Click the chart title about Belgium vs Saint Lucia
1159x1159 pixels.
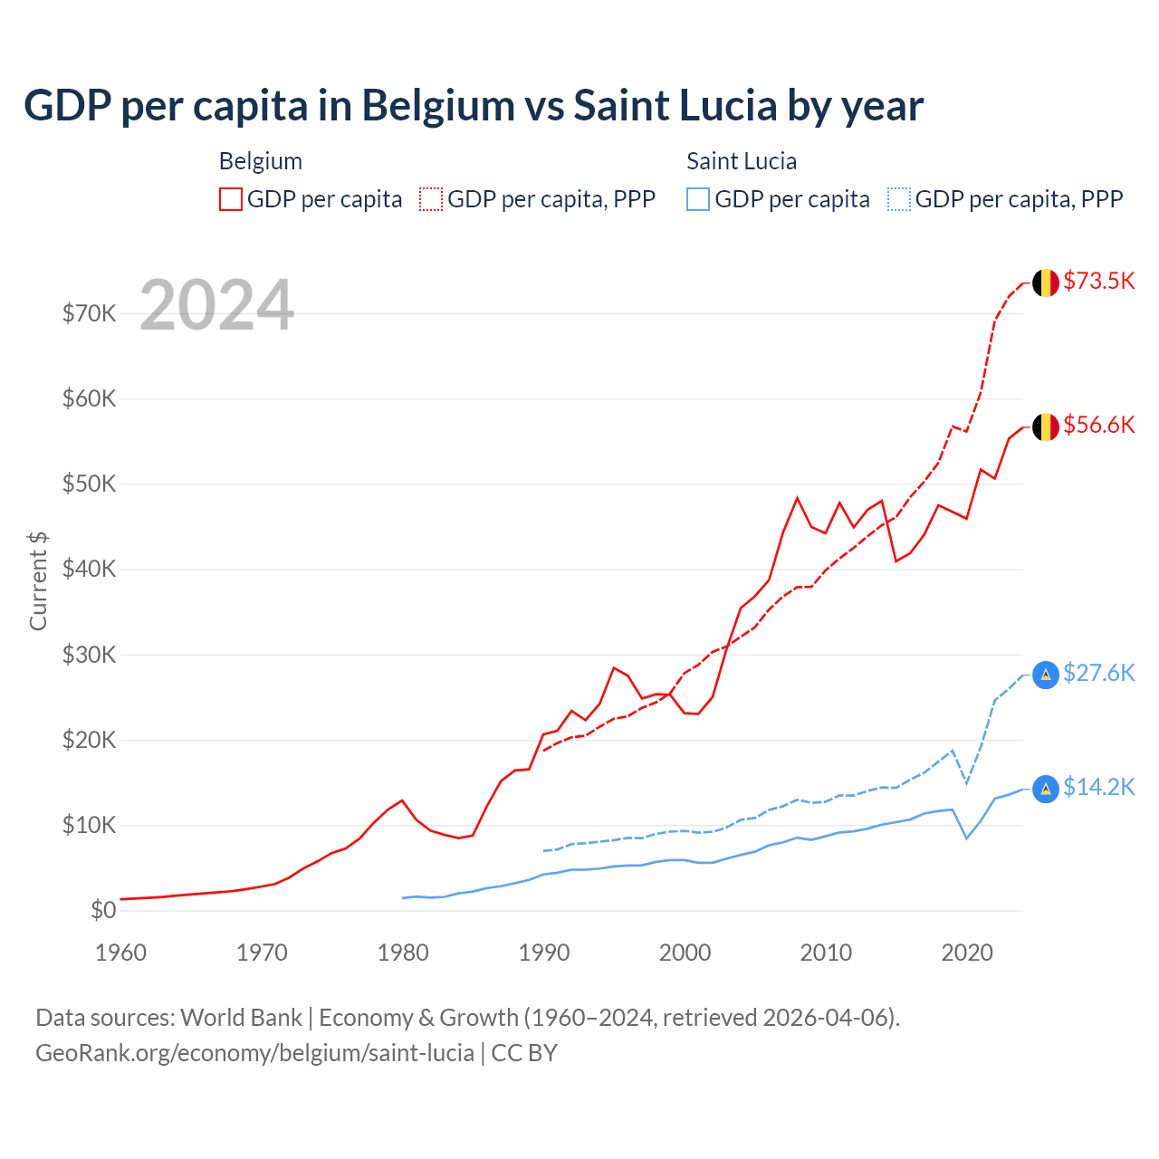click(474, 106)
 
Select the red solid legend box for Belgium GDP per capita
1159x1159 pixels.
click(231, 199)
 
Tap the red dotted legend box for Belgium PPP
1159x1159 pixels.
click(431, 199)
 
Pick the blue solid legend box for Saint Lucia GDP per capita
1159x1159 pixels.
click(698, 199)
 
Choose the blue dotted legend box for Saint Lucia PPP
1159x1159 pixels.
click(899, 199)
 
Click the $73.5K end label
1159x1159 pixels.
click(1098, 281)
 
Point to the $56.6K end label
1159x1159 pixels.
click(1098, 425)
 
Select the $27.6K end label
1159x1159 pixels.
click(1098, 673)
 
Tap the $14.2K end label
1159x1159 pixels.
click(1098, 787)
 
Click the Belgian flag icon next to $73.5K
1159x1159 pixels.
click(1046, 283)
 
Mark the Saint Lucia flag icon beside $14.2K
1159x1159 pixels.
click(1046, 789)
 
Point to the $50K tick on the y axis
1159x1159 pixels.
click(90, 484)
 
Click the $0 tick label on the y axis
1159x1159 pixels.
click(103, 910)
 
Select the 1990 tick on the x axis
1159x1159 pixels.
click(544, 953)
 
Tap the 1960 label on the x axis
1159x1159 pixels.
click(121, 953)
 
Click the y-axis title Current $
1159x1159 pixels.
click(38, 581)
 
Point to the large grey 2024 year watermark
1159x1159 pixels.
click(217, 305)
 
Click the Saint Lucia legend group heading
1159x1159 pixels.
click(742, 161)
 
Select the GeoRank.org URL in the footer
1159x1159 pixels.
click(254, 1053)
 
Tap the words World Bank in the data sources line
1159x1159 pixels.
click(242, 1018)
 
